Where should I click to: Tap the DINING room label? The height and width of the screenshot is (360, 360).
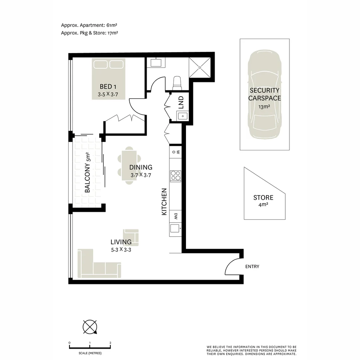tap(141, 167)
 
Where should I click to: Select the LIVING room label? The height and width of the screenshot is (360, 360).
tap(121, 242)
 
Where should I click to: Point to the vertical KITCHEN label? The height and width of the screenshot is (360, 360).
tap(164, 202)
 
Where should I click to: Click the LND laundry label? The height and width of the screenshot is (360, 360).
tap(181, 103)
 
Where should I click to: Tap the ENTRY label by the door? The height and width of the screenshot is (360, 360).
tap(252, 266)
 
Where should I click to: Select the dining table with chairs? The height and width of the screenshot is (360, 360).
tap(129, 166)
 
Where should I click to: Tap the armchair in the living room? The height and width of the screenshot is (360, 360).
tap(131, 237)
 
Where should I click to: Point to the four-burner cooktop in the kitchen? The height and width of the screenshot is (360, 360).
tap(175, 176)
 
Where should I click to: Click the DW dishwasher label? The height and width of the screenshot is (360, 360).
tap(175, 216)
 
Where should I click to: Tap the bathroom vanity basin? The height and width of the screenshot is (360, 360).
tap(156, 62)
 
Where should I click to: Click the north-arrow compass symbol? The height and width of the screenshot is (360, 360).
tap(90, 327)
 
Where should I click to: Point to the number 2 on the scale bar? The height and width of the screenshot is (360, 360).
tap(110, 343)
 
